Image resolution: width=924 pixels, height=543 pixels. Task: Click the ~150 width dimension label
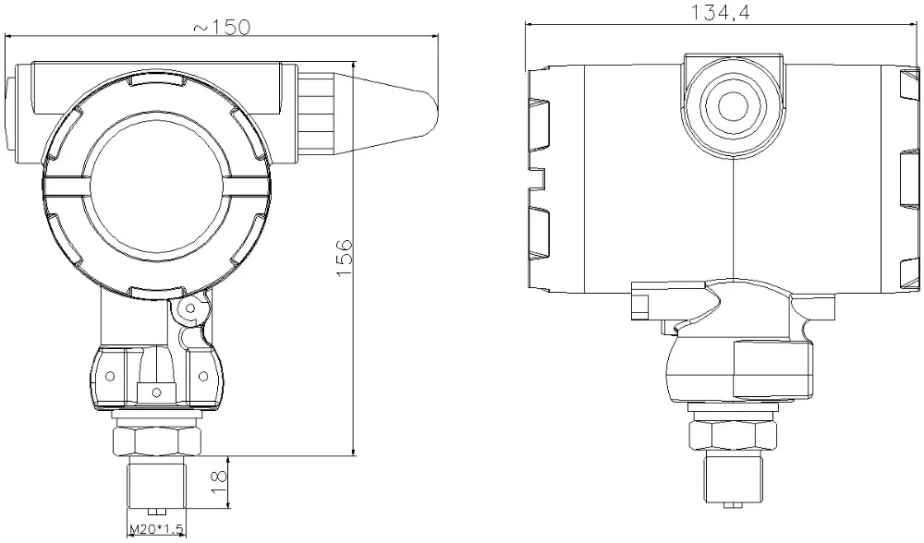point(222,27)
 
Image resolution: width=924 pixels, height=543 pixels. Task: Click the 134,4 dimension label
point(721,12)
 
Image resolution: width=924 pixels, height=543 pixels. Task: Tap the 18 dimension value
point(219,482)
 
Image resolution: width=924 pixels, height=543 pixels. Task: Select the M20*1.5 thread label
point(155,529)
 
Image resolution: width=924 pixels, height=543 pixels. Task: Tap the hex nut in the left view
point(155,440)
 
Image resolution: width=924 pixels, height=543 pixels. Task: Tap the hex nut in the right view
point(733,435)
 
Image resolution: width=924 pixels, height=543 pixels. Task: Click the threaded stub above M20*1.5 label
point(155,485)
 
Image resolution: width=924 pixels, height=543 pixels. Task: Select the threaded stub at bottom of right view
point(733,478)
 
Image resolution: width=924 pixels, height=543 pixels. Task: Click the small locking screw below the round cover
point(190,308)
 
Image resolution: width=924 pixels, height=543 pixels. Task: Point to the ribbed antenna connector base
point(319,113)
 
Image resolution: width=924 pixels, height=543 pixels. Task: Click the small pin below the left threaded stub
point(155,512)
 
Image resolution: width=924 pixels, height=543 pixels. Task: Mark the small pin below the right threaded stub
point(731,505)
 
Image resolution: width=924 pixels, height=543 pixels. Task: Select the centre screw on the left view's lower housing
point(156,392)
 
